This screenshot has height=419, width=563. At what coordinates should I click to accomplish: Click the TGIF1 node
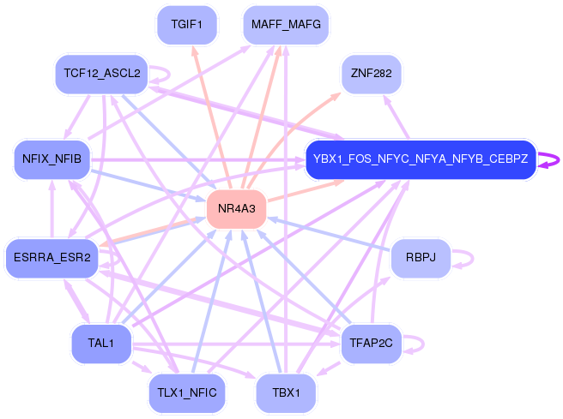tap(186, 25)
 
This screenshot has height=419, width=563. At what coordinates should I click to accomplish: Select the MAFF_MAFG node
tap(286, 25)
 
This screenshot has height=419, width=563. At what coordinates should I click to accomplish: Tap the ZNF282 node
tap(371, 74)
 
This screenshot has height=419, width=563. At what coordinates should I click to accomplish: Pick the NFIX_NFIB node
tap(52, 159)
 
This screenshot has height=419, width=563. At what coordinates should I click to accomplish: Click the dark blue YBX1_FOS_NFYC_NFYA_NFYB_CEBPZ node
tap(421, 159)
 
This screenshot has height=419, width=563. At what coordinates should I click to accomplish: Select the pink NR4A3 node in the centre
tap(236, 209)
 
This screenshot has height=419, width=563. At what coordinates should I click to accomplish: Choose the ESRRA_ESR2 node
tap(51, 259)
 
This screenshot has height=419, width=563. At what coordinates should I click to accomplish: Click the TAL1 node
tap(100, 344)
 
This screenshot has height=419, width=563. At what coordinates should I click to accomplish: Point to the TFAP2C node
tap(371, 344)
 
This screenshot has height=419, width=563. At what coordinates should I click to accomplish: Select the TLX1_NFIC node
tap(186, 393)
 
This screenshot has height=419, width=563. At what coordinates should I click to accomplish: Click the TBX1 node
tap(286, 393)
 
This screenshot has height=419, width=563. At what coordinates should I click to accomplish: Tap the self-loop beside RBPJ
tap(469, 259)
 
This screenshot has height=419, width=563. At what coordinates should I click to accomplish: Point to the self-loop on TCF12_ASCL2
tap(166, 75)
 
